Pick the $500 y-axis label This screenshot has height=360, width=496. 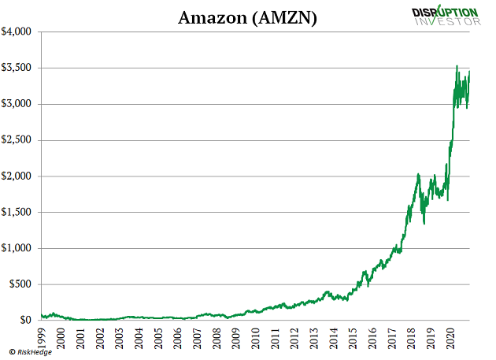pyautogui.click(x=20, y=284)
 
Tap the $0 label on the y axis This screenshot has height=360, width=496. pyautogui.click(x=26, y=321)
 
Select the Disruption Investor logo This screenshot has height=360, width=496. pyautogui.click(x=446, y=15)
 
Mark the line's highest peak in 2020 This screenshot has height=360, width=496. pyautogui.click(x=457, y=66)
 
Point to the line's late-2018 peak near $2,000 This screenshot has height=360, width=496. pyautogui.click(x=418, y=174)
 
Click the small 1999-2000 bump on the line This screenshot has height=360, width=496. pyautogui.click(x=53, y=314)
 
